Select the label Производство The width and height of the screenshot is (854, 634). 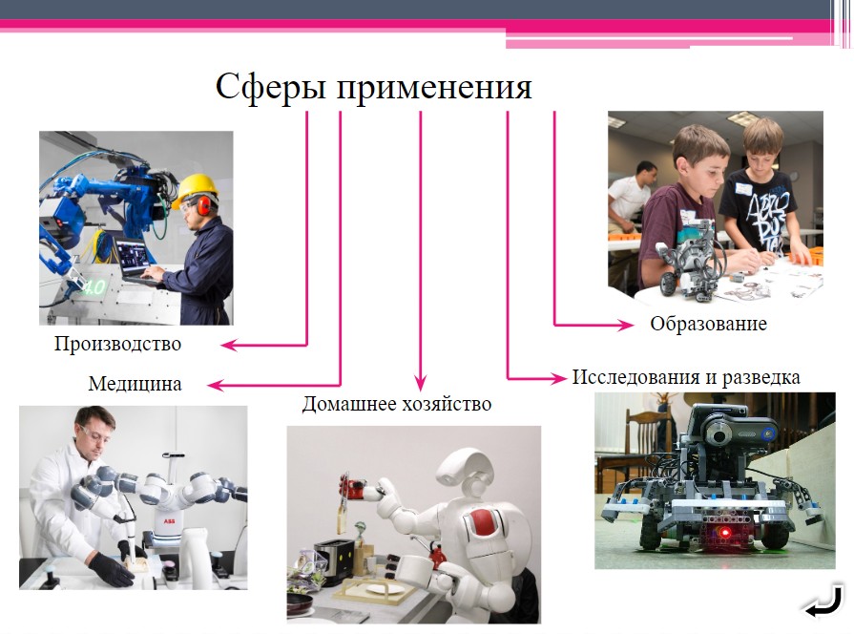117,344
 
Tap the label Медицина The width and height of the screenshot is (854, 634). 135,385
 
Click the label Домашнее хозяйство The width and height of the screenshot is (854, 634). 396,404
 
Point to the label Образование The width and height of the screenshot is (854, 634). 708,324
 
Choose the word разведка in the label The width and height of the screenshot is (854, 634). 760,376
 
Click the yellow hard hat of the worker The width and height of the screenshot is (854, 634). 198,185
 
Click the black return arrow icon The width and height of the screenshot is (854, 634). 822,603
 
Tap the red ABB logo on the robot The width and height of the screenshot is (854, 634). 169,521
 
